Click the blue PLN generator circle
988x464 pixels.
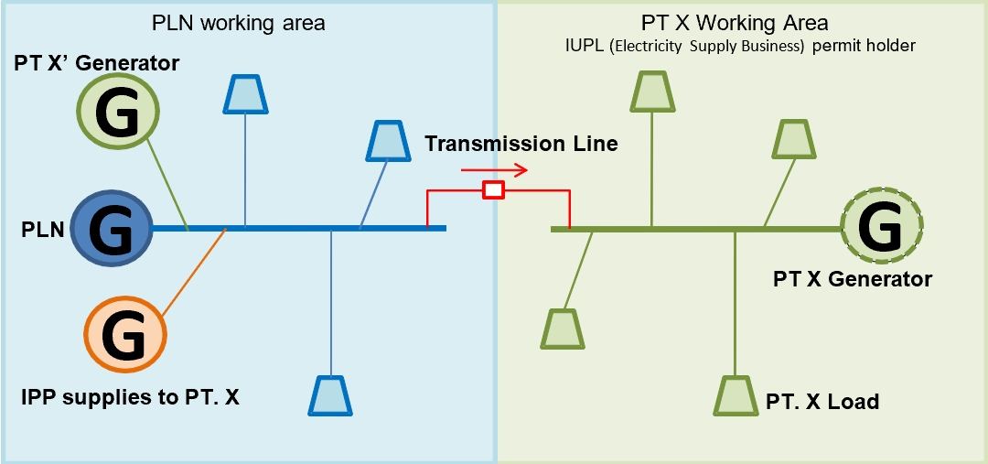113,228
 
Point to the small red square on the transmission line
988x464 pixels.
494,189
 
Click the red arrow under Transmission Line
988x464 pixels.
494,169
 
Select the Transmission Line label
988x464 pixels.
521,144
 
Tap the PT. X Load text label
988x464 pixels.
822,401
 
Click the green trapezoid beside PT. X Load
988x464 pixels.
735,395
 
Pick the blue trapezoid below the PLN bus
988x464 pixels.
329,395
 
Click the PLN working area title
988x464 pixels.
238,23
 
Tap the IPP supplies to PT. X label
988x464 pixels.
130,397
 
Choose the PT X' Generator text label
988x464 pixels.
97,63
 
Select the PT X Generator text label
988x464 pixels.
853,279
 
